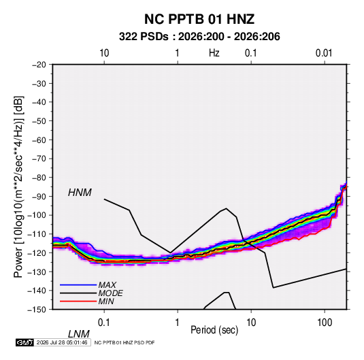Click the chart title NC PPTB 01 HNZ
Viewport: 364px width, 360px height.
click(199, 19)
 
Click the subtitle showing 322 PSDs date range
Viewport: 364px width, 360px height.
click(199, 37)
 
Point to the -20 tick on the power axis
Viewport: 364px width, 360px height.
click(39, 65)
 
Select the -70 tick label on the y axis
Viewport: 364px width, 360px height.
click(39, 159)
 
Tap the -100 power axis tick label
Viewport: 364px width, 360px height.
click(37, 215)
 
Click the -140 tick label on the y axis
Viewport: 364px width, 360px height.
click(37, 291)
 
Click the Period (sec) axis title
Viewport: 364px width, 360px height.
click(214, 330)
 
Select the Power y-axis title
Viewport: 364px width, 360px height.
click(18, 187)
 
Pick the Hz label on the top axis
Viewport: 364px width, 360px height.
click(214, 53)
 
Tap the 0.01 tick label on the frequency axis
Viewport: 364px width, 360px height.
click(324, 53)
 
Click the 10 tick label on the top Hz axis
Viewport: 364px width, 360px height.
click(104, 53)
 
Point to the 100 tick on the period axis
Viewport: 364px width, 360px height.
click(325, 323)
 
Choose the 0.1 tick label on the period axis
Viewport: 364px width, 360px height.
click(104, 323)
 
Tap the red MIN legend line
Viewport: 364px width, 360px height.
click(78, 301)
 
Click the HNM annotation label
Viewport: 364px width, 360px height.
click(80, 193)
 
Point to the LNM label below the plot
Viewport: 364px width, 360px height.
click(79, 334)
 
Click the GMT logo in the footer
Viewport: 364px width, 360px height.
click(25, 342)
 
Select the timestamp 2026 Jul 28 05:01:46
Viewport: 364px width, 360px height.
click(62, 342)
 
